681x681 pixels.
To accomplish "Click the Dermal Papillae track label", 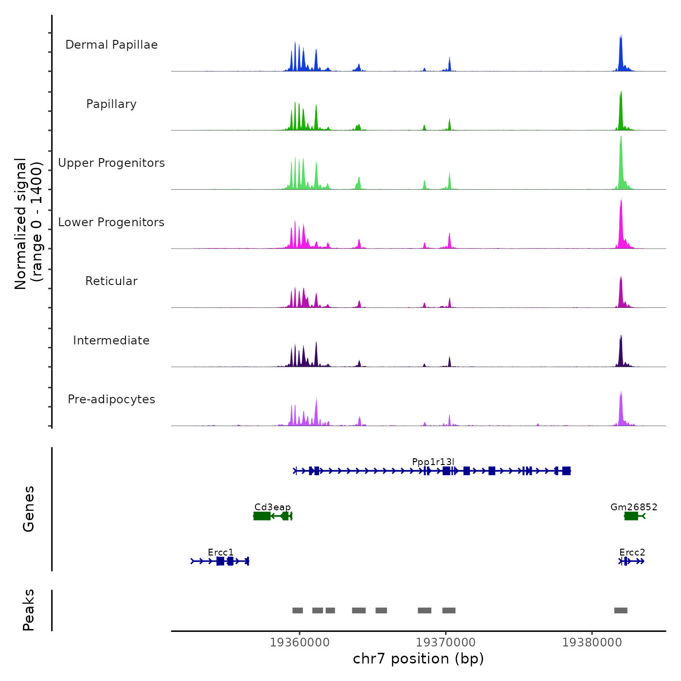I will point(111,45).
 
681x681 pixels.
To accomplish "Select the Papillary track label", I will point(111,104).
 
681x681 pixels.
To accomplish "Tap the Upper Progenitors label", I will point(111,163).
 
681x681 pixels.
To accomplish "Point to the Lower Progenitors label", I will point(111,222).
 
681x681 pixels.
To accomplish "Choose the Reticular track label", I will point(111,281).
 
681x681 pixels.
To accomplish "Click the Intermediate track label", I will point(111,340).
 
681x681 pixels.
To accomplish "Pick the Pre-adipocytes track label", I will point(111,399).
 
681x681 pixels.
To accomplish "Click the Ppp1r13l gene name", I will point(433,462).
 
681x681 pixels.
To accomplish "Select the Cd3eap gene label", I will point(272,507).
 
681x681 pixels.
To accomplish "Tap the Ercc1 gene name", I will point(221,553).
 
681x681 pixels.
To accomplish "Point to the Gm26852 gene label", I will point(634,507).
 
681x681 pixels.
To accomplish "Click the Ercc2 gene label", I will point(632,553).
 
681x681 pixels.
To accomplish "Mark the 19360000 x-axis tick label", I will point(300,643).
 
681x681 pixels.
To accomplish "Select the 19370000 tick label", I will point(446,643).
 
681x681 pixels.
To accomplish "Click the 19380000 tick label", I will point(592,643).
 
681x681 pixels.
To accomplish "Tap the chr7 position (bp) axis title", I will point(418,659).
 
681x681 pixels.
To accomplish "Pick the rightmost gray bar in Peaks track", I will point(621,610).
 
